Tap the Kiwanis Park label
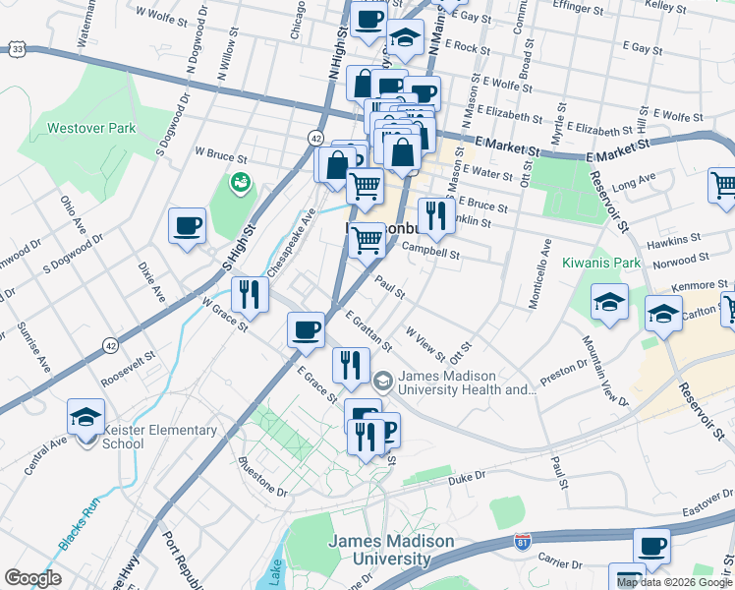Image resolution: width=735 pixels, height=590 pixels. (601, 264)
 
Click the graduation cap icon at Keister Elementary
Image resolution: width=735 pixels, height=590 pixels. (85, 417)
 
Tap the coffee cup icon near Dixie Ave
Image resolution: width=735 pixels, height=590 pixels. (187, 226)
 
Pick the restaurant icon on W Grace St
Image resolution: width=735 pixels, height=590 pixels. (250, 295)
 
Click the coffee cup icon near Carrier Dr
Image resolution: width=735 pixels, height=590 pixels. (650, 546)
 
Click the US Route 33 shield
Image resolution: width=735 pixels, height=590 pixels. (18, 48)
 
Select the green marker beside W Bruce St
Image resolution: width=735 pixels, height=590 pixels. (241, 182)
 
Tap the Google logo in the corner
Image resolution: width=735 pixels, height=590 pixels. (32, 578)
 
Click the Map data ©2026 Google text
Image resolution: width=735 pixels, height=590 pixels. (674, 582)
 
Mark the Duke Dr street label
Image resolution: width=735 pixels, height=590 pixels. (467, 478)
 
